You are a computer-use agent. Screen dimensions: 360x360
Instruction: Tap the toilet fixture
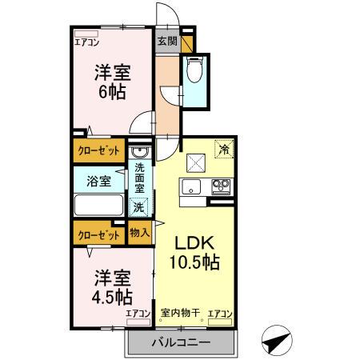(194, 72)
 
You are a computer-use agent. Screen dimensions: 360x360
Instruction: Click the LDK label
(194, 242)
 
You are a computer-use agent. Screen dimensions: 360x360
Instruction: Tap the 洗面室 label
(139, 178)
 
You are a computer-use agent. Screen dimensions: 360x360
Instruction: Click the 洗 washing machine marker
(139, 206)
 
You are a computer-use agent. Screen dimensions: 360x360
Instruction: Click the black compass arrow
(276, 339)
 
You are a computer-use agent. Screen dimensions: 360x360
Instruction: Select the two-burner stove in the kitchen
(219, 187)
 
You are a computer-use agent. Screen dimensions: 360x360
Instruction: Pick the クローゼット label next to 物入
(97, 234)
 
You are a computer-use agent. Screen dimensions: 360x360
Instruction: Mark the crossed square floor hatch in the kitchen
(195, 162)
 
